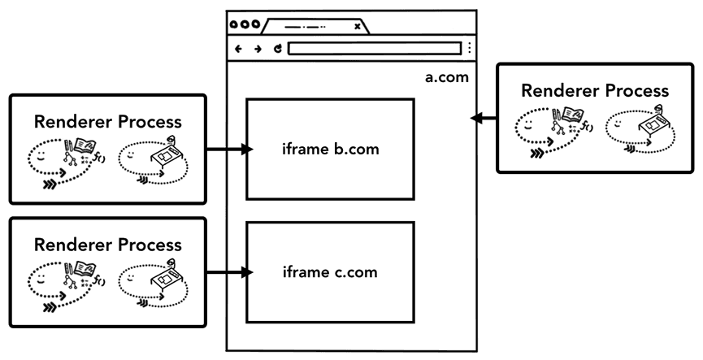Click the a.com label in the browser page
(448, 78)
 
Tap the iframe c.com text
(330, 272)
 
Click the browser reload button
(277, 49)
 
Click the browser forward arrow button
(258, 49)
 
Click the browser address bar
(375, 49)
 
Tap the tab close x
(357, 26)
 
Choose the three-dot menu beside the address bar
(469, 49)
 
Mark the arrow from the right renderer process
(484, 119)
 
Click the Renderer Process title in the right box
(595, 90)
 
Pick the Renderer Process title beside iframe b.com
(108, 122)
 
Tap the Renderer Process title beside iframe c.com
(108, 244)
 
